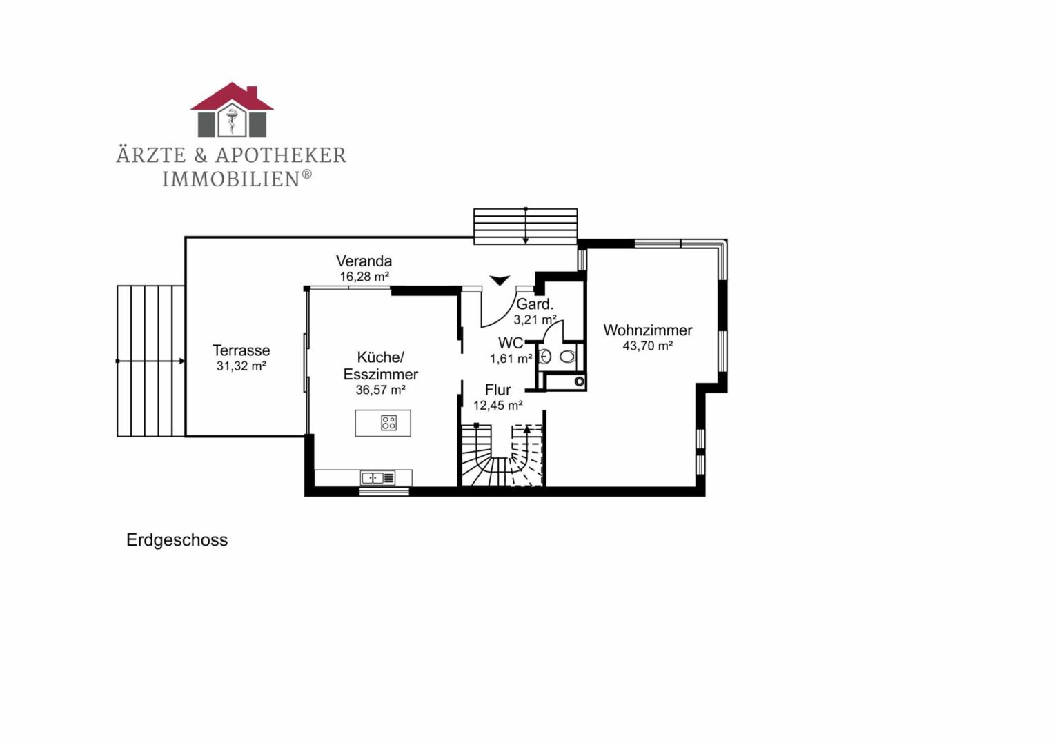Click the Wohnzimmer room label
click(648, 330)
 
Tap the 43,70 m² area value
click(648, 346)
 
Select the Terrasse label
click(241, 350)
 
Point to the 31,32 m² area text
click(241, 366)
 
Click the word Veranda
click(364, 261)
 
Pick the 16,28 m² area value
click(364, 277)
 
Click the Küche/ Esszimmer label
click(381, 366)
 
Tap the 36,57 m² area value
click(381, 390)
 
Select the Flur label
click(497, 390)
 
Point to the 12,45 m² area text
click(497, 406)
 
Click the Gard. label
click(535, 304)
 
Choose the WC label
click(511, 343)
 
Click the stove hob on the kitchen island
click(388, 423)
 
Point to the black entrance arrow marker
click(500, 281)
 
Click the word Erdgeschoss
click(177, 540)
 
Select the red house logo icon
click(232, 110)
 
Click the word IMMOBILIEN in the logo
click(230, 179)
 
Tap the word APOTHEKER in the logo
click(280, 155)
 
